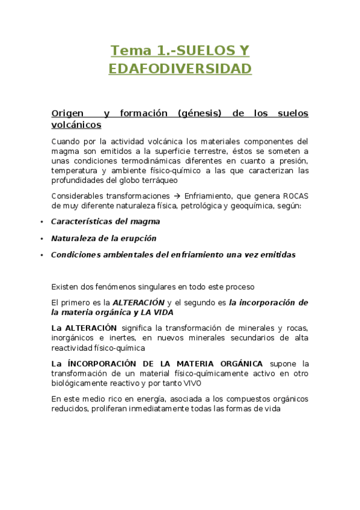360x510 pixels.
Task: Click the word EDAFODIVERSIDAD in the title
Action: click(180, 69)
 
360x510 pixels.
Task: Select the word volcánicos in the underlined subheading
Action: click(76, 124)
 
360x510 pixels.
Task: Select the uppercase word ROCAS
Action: click(296, 196)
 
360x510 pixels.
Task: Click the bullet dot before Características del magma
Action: click(41, 222)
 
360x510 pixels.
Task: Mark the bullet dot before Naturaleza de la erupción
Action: click(41, 238)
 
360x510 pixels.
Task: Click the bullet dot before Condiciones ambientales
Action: click(41, 255)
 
